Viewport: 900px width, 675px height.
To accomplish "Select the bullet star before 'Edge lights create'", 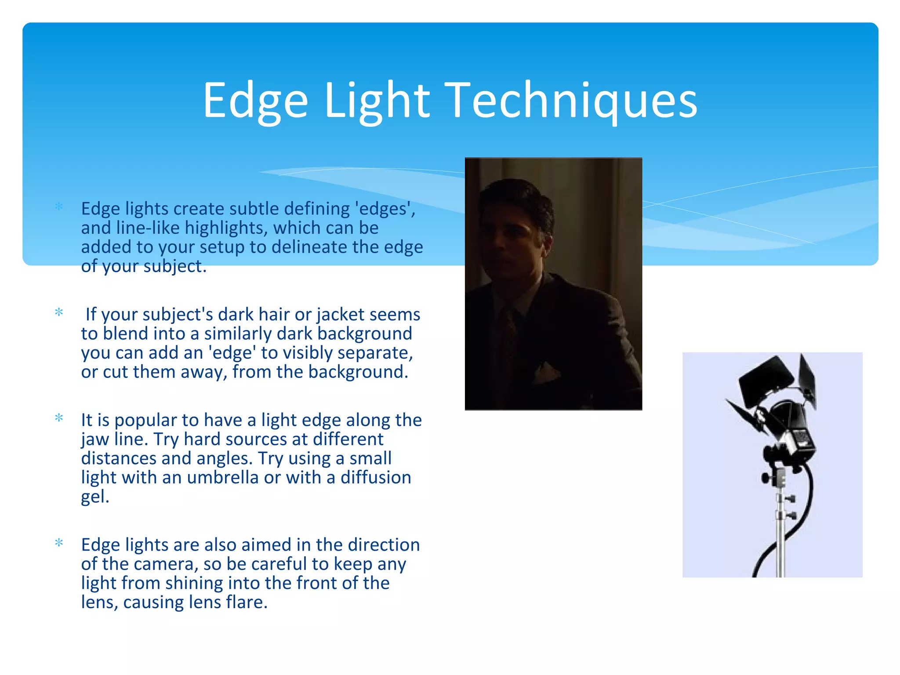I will (x=59, y=207).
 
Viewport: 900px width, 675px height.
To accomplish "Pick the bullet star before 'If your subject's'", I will (x=59, y=312).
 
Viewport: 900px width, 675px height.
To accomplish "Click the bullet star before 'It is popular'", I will (x=59, y=418).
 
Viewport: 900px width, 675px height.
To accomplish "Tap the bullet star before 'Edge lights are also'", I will (x=59, y=543).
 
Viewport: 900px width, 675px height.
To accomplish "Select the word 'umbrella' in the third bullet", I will (x=222, y=478).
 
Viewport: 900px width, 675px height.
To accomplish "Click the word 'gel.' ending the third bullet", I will (x=95, y=497).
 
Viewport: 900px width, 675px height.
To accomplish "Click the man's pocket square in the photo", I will (x=547, y=371).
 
